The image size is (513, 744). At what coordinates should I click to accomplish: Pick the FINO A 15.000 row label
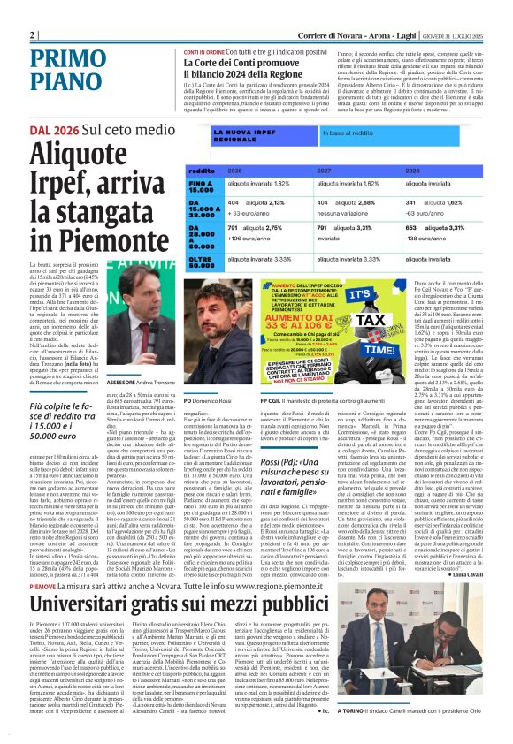pyautogui.click(x=203, y=185)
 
